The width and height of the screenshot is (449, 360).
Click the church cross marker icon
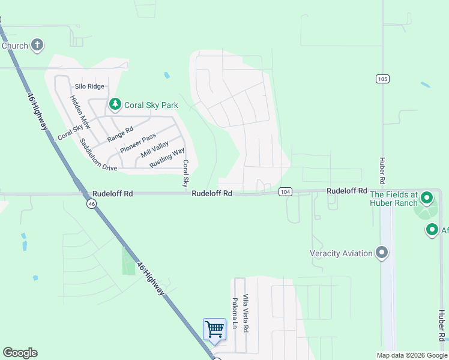click(x=37, y=45)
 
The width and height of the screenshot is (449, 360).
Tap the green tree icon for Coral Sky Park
click(x=115, y=105)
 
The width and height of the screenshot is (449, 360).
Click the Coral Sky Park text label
click(x=151, y=105)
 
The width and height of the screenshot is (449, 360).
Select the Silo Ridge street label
click(x=89, y=86)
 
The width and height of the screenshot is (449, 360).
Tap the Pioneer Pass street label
click(x=137, y=143)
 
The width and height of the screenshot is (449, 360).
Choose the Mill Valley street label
click(x=155, y=149)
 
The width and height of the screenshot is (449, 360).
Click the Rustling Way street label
click(x=167, y=157)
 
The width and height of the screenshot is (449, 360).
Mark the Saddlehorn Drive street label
click(x=98, y=155)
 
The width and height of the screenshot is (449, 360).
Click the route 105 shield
click(x=382, y=79)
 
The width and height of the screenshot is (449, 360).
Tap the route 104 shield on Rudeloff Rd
click(x=286, y=192)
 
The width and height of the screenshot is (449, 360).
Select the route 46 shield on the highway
click(x=91, y=204)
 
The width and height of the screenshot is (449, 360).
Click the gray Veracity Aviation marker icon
click(x=382, y=253)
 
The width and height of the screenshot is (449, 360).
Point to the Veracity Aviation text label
click(x=341, y=253)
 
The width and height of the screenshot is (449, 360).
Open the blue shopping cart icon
click(x=214, y=329)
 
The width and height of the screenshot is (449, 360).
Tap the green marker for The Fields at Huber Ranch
click(x=427, y=197)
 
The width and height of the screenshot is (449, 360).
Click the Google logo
click(x=20, y=353)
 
